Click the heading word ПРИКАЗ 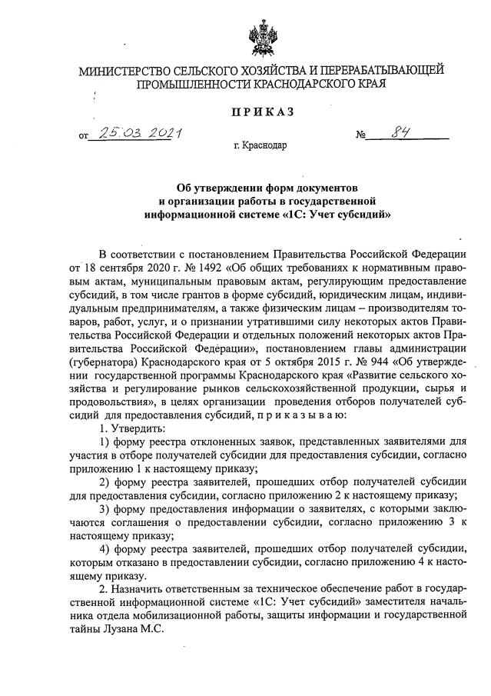pos(264,113)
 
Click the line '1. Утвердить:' pos(131,428)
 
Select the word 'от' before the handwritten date pos(84,138)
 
